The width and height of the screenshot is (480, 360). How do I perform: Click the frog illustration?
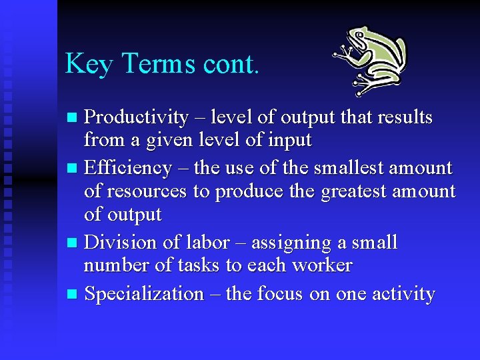(x=371, y=61)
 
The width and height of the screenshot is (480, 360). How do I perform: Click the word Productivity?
(x=137, y=118)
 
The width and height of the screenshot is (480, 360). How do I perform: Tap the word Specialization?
(x=144, y=294)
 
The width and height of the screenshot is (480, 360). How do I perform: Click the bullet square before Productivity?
(x=73, y=119)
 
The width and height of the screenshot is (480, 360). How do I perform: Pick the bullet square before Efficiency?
(x=73, y=168)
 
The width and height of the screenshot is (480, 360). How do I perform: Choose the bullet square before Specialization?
(x=73, y=294)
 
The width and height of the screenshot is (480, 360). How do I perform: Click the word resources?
(x=145, y=192)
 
